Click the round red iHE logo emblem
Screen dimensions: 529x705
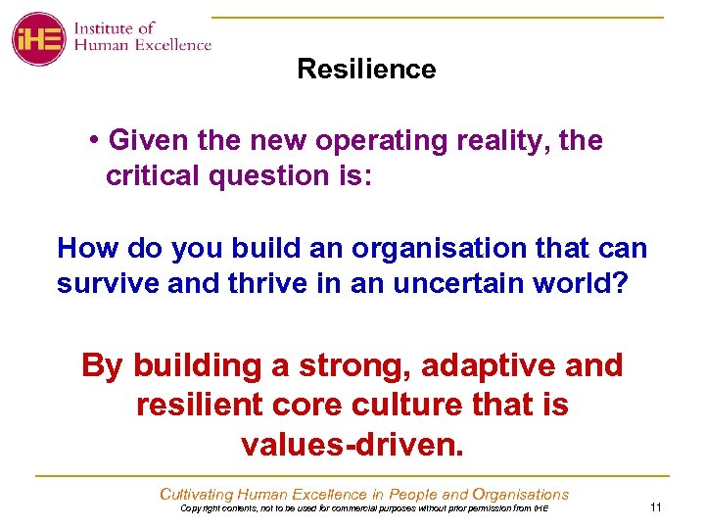coord(38,38)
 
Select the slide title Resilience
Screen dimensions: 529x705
coord(366,70)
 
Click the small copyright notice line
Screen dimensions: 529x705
coord(364,508)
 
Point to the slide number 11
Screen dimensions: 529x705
coord(656,506)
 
